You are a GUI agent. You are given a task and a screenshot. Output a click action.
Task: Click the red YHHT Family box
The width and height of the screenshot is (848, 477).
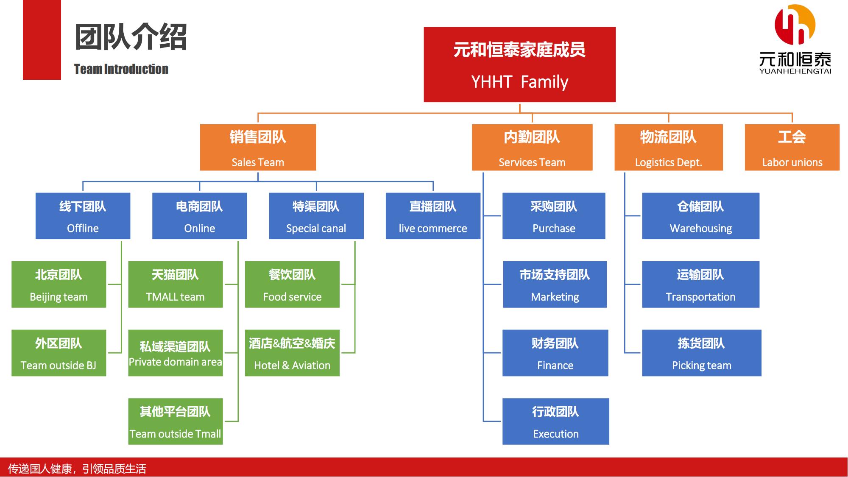coord(519,64)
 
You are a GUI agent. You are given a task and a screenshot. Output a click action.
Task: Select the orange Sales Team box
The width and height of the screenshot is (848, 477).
coord(258,147)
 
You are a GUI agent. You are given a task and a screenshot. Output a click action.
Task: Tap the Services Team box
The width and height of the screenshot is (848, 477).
coord(532,147)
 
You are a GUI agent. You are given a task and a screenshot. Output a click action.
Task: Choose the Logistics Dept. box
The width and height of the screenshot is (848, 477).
coord(669,147)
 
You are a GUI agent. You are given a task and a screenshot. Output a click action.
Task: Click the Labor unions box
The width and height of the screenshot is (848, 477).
coord(792,147)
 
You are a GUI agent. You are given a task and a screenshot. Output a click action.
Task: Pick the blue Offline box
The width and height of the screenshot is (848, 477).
coord(83,216)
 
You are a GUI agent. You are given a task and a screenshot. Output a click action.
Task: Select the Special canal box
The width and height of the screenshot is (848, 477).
coord(316,216)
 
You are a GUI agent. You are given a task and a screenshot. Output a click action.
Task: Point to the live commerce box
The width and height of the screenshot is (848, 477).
coord(433,216)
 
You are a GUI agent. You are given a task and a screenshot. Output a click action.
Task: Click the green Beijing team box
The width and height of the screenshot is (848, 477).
coord(59,285)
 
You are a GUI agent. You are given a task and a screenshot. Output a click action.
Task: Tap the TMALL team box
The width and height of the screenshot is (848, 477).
coord(176,285)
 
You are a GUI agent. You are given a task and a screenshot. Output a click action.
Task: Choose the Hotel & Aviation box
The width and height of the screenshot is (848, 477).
coord(292,353)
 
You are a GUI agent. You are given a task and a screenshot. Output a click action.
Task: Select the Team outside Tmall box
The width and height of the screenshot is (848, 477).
coord(176,421)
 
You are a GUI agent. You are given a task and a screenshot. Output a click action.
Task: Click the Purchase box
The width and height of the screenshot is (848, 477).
coord(554,216)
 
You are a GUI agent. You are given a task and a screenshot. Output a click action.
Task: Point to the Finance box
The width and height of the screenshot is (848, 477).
coord(555,353)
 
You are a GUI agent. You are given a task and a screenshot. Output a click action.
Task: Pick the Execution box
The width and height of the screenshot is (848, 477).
coord(556,421)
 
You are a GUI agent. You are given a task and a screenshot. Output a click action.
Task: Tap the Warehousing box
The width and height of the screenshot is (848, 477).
coord(701,216)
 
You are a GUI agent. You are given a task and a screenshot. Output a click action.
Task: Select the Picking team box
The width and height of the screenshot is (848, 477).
coord(702,353)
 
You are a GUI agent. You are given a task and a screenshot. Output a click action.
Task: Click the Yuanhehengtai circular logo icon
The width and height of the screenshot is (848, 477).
coord(795,25)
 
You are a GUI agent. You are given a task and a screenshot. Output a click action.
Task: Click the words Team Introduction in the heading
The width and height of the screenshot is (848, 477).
coord(121,69)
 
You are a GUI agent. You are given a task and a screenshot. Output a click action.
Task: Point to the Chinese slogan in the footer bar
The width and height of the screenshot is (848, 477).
coord(77,469)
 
